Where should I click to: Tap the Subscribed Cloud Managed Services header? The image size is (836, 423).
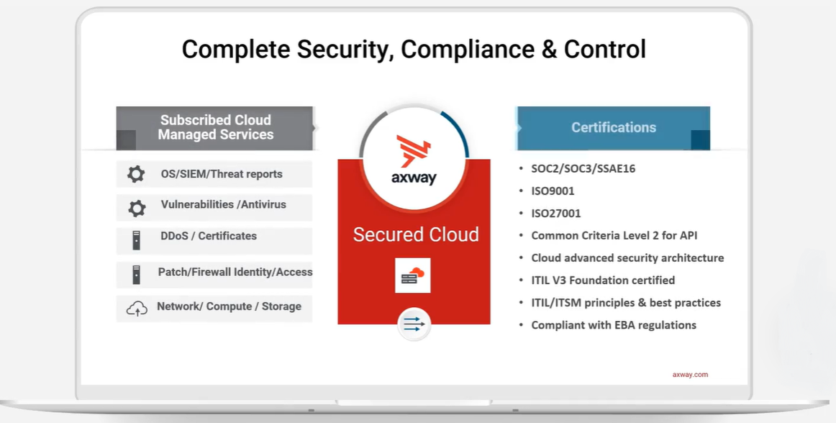pyautogui.click(x=214, y=128)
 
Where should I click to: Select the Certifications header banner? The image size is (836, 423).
pyautogui.click(x=613, y=128)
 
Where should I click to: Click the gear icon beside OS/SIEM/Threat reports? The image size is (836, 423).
pyautogui.click(x=136, y=174)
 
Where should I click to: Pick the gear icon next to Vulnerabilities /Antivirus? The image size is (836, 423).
pyautogui.click(x=137, y=208)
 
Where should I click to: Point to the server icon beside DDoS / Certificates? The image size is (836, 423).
pyautogui.click(x=137, y=240)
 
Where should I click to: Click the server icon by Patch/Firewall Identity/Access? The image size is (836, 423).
pyautogui.click(x=137, y=275)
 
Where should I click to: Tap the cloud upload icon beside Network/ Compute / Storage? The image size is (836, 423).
pyautogui.click(x=137, y=309)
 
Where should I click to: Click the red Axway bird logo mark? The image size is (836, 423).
pyautogui.click(x=413, y=151)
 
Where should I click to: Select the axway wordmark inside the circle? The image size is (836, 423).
pyautogui.click(x=414, y=178)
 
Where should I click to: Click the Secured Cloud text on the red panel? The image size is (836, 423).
pyautogui.click(x=416, y=235)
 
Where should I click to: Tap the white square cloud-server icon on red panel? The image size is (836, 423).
pyautogui.click(x=413, y=276)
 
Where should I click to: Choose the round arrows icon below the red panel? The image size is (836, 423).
pyautogui.click(x=414, y=324)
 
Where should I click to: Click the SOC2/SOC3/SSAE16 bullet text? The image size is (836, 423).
pyautogui.click(x=583, y=168)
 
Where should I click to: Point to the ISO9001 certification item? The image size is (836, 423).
pyautogui.click(x=553, y=191)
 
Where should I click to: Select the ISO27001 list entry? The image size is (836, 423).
pyautogui.click(x=556, y=214)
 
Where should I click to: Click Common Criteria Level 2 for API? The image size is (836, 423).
pyautogui.click(x=614, y=236)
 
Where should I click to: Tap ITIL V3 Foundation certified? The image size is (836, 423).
pyautogui.click(x=603, y=281)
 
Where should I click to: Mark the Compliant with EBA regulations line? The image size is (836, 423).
pyautogui.click(x=614, y=325)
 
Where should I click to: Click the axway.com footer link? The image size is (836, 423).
pyautogui.click(x=690, y=375)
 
